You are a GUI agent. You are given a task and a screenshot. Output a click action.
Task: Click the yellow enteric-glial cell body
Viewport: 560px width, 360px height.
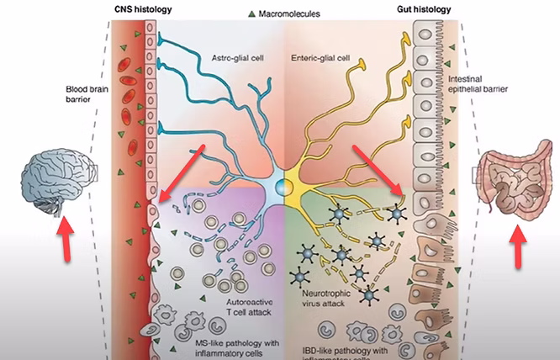296,180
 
